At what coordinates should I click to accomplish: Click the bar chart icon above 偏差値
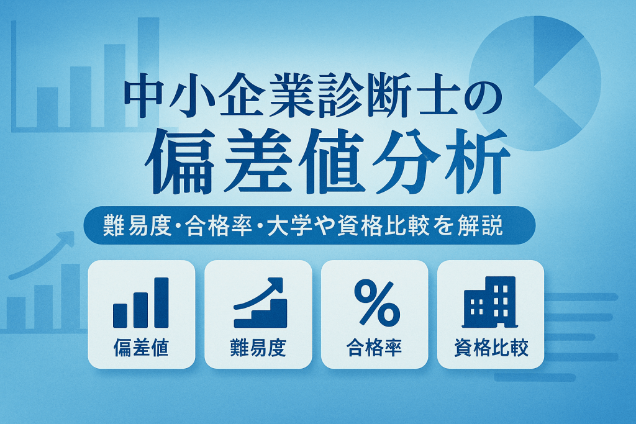point(141,302)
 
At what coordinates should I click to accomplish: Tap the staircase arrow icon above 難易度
point(260,302)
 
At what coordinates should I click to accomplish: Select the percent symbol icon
point(377,302)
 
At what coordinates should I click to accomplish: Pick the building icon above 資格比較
point(490,302)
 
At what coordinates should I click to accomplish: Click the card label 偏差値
point(141,348)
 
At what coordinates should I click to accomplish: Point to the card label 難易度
point(258,348)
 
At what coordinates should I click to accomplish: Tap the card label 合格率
point(374,348)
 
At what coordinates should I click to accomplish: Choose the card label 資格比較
point(491,348)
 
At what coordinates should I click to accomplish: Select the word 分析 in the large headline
point(442,161)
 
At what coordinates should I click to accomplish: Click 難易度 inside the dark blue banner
point(137,225)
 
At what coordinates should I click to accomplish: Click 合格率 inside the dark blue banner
point(219,225)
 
